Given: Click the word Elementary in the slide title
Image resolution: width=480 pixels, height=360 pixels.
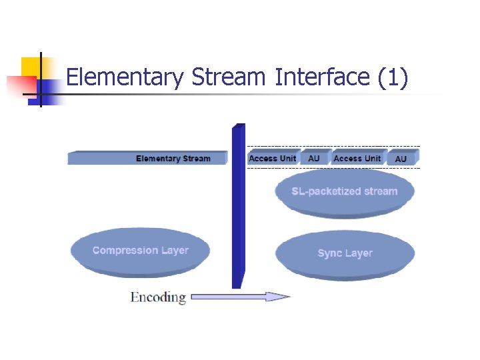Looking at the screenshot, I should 125,78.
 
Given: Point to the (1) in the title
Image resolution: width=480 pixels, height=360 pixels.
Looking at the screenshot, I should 392,78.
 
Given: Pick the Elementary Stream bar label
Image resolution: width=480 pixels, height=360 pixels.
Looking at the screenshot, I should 173,159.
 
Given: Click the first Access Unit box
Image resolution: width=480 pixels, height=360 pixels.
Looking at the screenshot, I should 272,158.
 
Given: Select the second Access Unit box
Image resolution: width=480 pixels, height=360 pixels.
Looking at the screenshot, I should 357,158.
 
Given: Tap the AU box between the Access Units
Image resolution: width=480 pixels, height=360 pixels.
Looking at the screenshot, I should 313,158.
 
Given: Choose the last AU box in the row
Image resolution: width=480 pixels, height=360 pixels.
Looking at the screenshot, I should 401,159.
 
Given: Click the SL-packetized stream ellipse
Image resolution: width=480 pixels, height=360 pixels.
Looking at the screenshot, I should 344,192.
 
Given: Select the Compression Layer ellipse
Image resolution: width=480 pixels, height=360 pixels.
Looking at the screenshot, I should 140,251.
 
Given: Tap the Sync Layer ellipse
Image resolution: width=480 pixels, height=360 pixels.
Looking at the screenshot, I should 345,253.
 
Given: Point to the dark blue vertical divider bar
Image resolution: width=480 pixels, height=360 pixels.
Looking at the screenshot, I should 238,207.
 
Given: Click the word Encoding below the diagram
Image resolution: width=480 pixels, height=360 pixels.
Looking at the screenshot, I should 158,297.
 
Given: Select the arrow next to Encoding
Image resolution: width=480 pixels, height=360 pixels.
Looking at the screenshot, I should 240,297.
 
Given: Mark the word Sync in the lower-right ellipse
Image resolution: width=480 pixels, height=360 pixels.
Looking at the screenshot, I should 330,253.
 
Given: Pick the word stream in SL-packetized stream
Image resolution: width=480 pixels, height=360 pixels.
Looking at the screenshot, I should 380,191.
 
